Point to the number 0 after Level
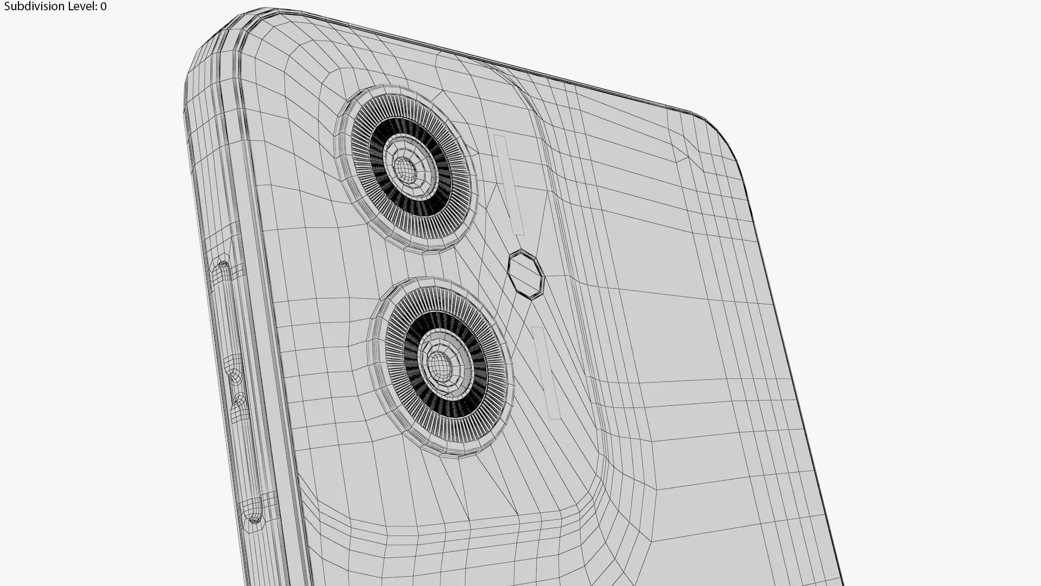point(103,7)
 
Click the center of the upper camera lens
point(405,170)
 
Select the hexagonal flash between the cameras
point(525,274)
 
